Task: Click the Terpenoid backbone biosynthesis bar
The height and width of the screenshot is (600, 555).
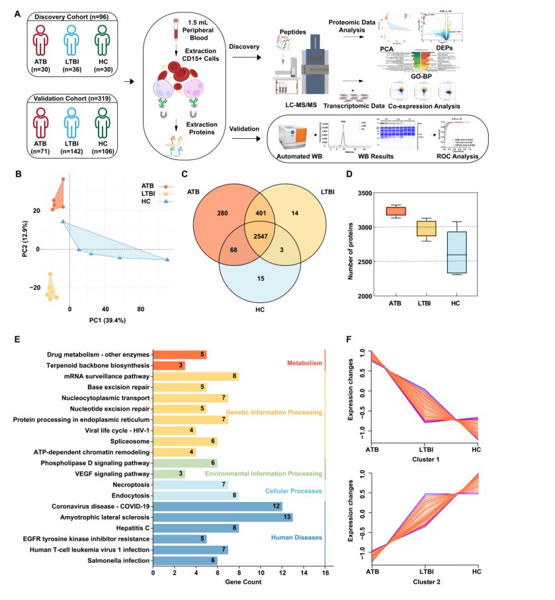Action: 169,365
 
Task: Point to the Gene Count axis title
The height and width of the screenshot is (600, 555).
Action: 239,582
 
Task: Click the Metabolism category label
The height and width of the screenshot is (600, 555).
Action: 304,363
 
